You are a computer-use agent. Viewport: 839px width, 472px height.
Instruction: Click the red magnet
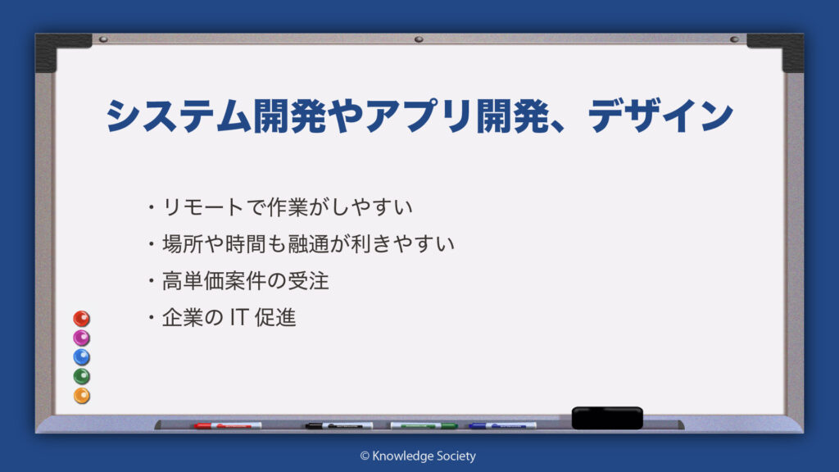tap(81, 319)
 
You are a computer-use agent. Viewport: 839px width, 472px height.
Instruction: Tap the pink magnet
tap(81, 338)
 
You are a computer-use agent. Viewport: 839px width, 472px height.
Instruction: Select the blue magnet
tap(81, 357)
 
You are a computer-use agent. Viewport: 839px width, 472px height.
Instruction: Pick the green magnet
tap(81, 376)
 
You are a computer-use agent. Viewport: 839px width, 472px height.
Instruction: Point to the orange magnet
tap(81, 396)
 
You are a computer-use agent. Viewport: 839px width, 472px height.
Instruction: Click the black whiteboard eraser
tap(607, 418)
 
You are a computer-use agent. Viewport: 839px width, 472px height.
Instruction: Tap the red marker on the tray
tap(228, 426)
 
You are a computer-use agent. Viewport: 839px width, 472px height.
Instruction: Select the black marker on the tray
tap(339, 426)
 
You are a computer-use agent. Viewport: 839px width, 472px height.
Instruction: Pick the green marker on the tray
tap(424, 426)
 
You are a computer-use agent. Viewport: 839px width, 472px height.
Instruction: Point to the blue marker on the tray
tap(502, 426)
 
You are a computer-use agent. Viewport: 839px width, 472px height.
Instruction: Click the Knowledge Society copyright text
tap(418, 456)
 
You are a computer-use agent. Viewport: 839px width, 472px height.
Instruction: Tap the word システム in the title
tap(179, 116)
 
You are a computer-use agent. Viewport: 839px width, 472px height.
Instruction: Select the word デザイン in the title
tap(660, 115)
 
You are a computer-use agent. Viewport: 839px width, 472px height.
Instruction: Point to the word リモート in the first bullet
tap(203, 207)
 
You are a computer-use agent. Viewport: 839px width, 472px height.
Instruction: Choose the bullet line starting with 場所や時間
tap(302, 244)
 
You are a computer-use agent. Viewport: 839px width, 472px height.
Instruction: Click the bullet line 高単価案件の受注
tap(238, 281)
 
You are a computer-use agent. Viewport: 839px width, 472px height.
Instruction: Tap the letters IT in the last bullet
tap(238, 317)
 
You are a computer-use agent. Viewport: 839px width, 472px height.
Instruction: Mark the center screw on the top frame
tap(419, 39)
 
